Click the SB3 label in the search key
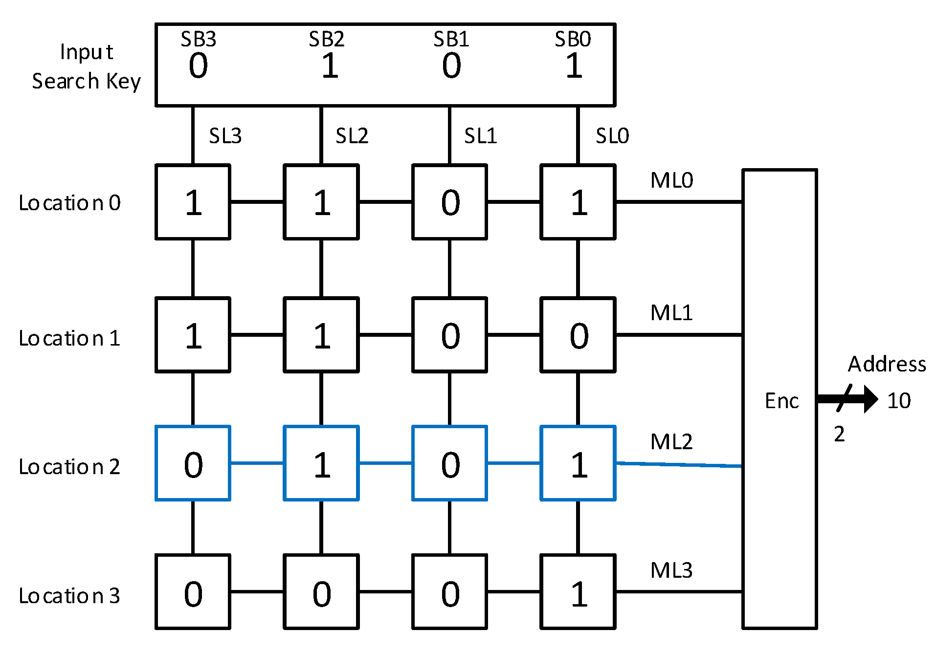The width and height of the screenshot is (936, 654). click(x=198, y=39)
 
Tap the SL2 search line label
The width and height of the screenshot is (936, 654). click(x=352, y=136)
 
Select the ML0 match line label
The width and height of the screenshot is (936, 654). click(x=671, y=180)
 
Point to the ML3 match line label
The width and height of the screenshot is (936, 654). click(x=671, y=570)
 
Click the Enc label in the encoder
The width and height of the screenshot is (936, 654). click(x=781, y=401)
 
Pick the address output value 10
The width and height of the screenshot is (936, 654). click(x=899, y=401)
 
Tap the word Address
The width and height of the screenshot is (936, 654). click(x=887, y=364)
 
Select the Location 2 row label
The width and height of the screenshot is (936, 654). click(x=69, y=467)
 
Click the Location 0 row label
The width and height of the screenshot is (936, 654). click(x=69, y=203)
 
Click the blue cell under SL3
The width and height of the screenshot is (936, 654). click(x=193, y=463)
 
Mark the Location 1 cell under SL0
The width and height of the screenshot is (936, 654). click(x=578, y=335)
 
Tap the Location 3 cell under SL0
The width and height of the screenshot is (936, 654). click(x=578, y=592)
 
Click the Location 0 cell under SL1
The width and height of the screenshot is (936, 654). click(x=449, y=202)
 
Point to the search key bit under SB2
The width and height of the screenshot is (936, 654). click(x=330, y=66)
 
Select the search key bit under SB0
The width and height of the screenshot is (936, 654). click(x=574, y=66)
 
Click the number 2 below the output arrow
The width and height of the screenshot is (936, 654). click(x=839, y=434)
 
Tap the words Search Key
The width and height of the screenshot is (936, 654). click(x=87, y=81)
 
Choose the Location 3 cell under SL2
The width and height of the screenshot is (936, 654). click(x=321, y=592)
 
